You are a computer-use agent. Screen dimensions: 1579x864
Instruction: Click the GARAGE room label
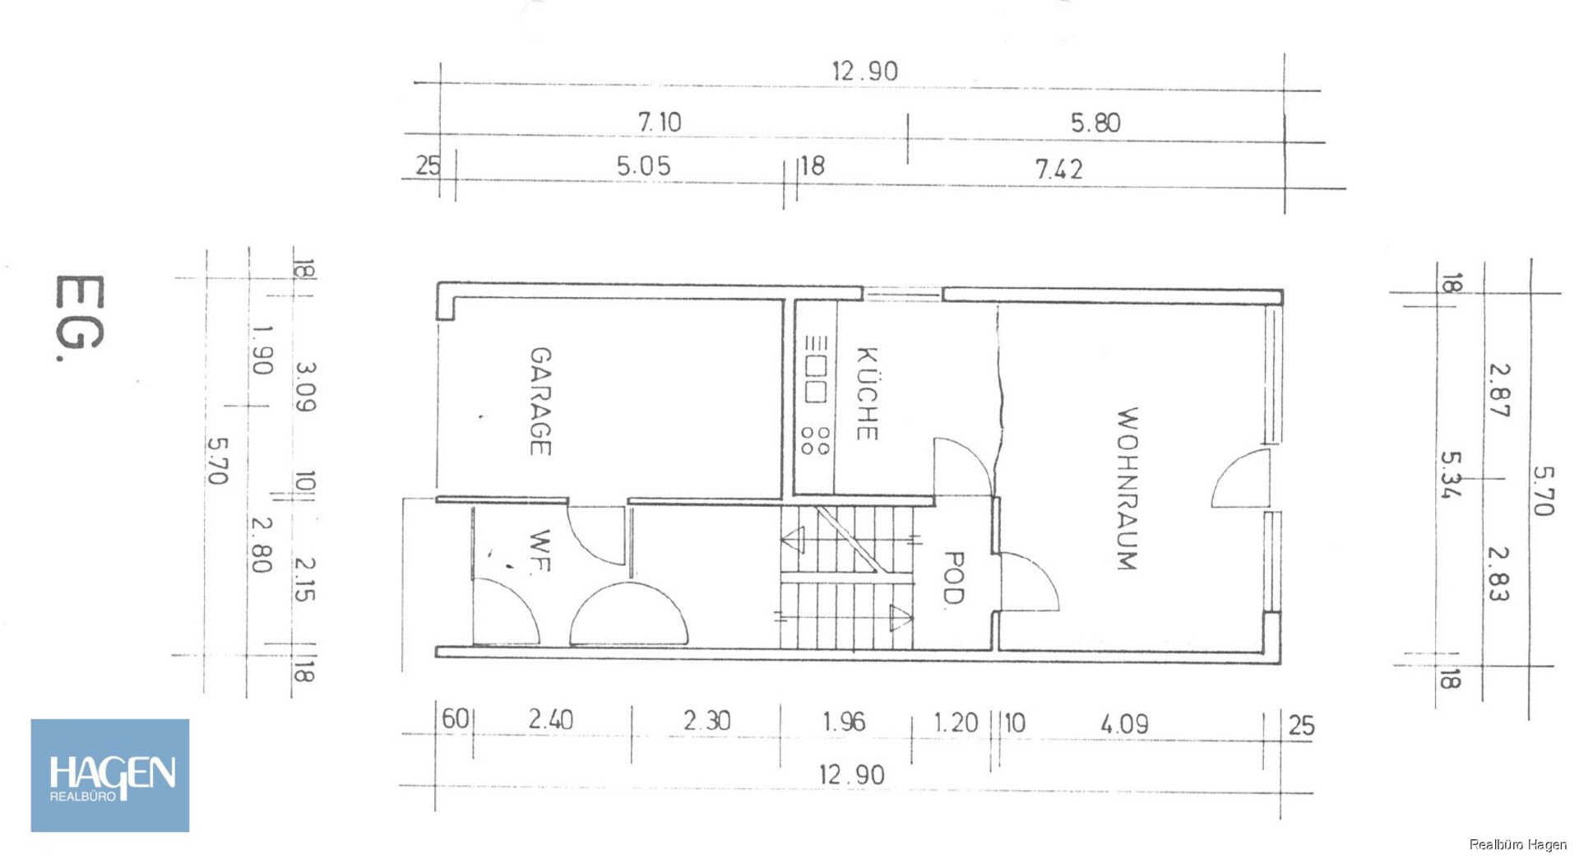[x=539, y=401]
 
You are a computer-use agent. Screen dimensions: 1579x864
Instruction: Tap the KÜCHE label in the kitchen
[x=867, y=393]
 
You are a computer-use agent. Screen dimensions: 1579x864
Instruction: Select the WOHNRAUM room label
[x=1127, y=489]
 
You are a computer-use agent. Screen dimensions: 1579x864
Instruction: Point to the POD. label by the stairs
[x=952, y=578]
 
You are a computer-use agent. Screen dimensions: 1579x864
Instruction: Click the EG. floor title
[x=80, y=318]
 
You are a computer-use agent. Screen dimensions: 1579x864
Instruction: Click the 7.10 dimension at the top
[x=660, y=122]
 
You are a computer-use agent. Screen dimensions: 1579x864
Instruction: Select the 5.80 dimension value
[x=1095, y=123]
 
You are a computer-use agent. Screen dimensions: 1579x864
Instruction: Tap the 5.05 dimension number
[x=643, y=165]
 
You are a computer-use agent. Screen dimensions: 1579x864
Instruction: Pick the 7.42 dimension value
[x=1059, y=169]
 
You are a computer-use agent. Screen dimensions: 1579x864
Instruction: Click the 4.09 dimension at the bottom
[x=1124, y=724]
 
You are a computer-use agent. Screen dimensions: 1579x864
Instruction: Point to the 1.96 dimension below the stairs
[x=844, y=722]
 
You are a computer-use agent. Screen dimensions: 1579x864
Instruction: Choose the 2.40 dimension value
[x=550, y=719]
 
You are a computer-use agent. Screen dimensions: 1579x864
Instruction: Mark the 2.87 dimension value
[x=1498, y=390]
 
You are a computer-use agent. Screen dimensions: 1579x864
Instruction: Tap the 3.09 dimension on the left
[x=305, y=387]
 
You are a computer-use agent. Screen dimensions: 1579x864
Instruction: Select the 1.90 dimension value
[x=262, y=350]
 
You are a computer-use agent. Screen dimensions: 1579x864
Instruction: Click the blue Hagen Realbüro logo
[x=110, y=775]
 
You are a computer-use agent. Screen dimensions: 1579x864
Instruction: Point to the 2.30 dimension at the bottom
[x=706, y=720]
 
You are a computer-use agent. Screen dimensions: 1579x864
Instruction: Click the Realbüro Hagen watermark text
[x=1517, y=844]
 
